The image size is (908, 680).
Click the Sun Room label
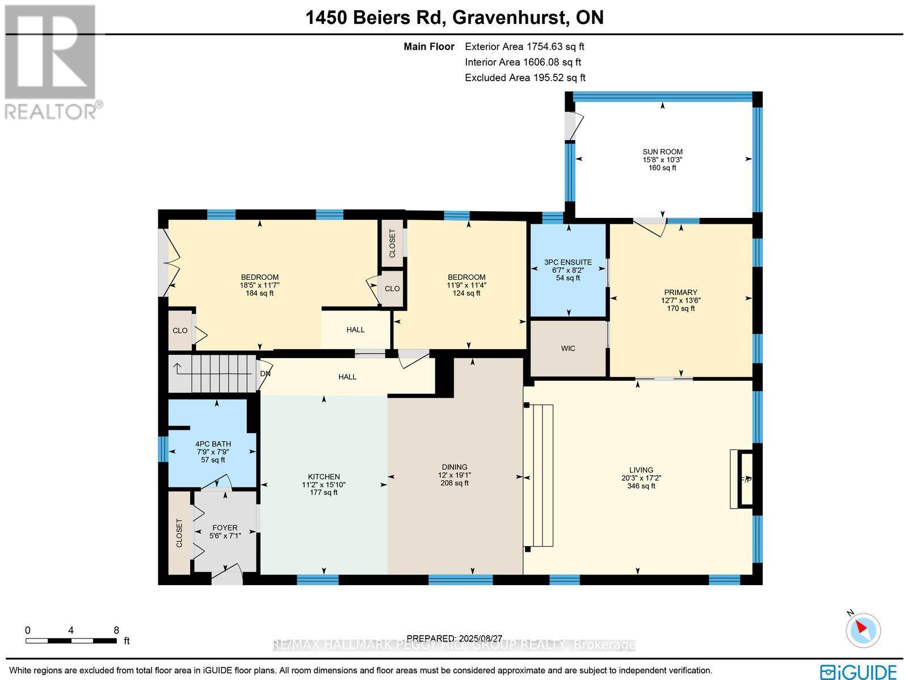click(x=662, y=152)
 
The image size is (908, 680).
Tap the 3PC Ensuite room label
click(x=568, y=262)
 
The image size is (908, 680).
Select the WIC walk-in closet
click(x=568, y=349)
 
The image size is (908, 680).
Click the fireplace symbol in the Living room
click(x=744, y=479)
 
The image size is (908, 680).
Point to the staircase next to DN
click(x=213, y=373)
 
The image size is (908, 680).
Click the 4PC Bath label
click(x=213, y=444)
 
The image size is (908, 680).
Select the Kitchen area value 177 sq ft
click(x=323, y=493)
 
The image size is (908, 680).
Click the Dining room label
click(x=455, y=467)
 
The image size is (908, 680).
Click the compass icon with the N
click(x=863, y=629)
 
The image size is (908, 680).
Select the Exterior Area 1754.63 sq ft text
click(x=524, y=47)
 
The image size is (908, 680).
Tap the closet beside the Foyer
click(x=180, y=532)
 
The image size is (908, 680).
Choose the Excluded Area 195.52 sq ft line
click(x=525, y=78)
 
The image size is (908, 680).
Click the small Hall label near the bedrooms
click(x=356, y=330)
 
